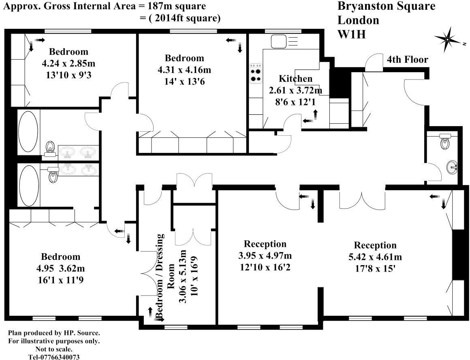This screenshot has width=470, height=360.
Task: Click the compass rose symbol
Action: point(447,39)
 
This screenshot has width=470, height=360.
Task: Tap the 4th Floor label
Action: point(407,60)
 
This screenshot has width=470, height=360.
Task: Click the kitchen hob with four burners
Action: point(256,74)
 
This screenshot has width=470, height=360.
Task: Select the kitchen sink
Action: point(279,41)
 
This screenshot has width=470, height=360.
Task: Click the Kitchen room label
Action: point(296,78)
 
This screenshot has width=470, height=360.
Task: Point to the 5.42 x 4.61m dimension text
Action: point(375,257)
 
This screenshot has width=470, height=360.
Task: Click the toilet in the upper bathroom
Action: point(50,148)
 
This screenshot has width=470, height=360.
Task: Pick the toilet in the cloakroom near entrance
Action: point(444,141)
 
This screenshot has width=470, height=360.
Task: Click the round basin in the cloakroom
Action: point(453,166)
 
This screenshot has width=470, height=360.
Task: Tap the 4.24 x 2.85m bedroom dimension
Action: point(68,63)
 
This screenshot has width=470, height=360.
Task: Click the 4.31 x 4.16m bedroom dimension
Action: point(184,70)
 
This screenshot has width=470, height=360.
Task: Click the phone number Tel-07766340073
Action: point(54,356)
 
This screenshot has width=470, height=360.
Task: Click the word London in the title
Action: point(358,20)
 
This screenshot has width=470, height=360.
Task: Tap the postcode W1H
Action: point(352,34)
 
